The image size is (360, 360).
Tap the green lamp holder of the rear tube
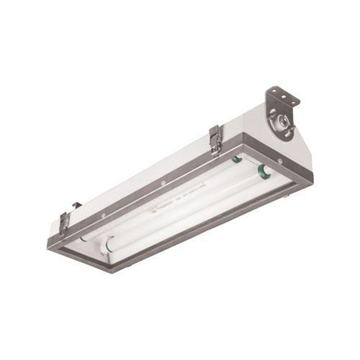[235, 159]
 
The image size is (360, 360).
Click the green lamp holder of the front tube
[262, 171]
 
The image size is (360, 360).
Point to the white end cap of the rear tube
[84, 235]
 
